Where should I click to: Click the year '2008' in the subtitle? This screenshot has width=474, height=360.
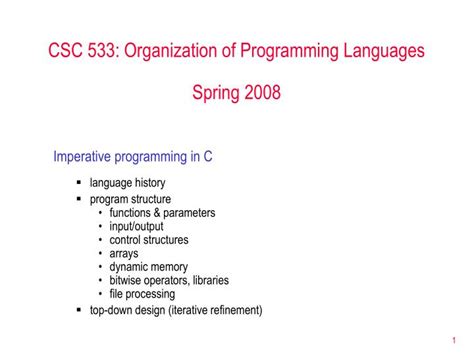coord(262,95)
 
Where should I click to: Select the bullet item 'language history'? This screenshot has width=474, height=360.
coord(127,183)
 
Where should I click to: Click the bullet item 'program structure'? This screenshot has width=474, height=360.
coord(130,199)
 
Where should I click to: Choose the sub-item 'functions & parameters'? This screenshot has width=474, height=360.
coord(162,213)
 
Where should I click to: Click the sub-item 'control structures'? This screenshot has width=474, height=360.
coord(149,240)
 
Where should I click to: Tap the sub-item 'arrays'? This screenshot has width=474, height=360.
coord(124,254)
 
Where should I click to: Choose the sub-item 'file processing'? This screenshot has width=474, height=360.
coord(142,294)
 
